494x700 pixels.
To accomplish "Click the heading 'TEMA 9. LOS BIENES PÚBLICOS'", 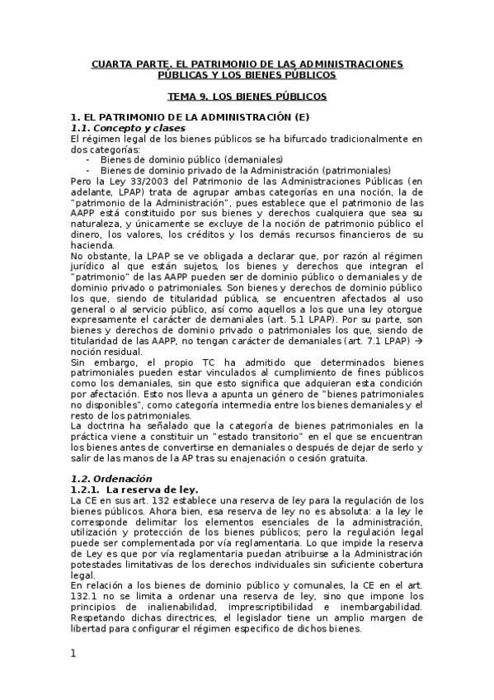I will [x=247, y=97].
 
